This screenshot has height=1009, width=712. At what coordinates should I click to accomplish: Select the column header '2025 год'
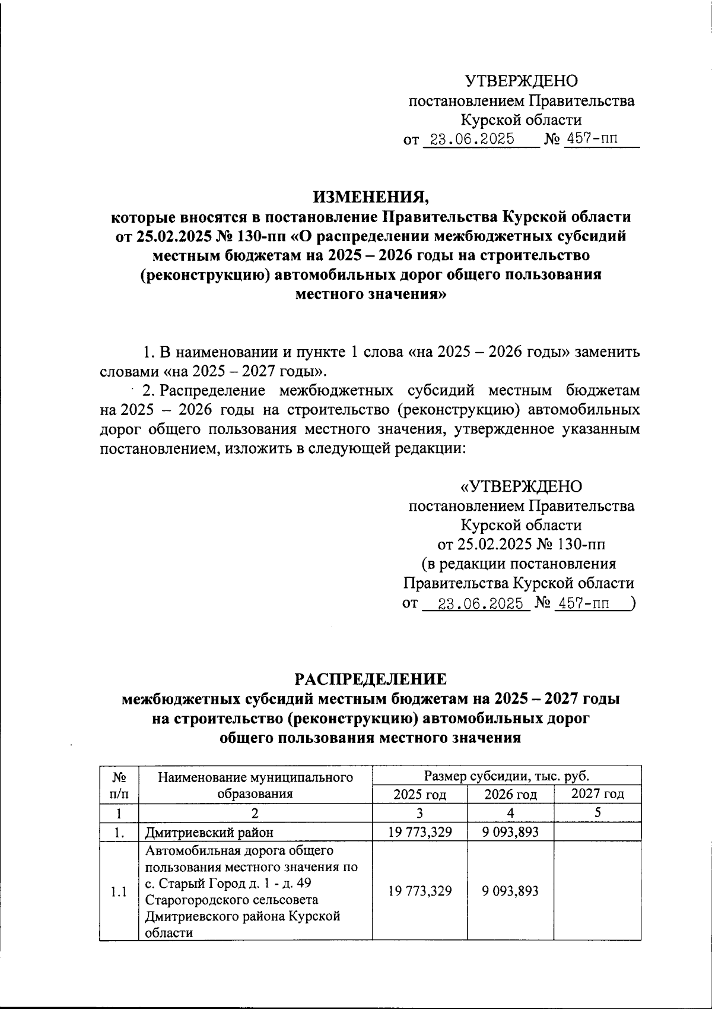pyautogui.click(x=419, y=795)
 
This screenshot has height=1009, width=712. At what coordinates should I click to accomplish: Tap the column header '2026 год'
pyautogui.click(x=510, y=795)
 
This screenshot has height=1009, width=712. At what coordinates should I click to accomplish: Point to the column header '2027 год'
pyautogui.click(x=597, y=793)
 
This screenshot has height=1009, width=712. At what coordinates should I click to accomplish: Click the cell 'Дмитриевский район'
pyautogui.click(x=201, y=832)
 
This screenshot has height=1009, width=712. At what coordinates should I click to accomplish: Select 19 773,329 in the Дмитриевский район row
pyautogui.click(x=419, y=832)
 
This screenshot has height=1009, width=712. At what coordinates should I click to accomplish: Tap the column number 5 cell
pyautogui.click(x=597, y=812)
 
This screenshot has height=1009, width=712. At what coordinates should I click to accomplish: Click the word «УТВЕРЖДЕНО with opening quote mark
pyautogui.click(x=522, y=487)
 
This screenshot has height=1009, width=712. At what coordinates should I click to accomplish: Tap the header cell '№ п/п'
pyautogui.click(x=119, y=785)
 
